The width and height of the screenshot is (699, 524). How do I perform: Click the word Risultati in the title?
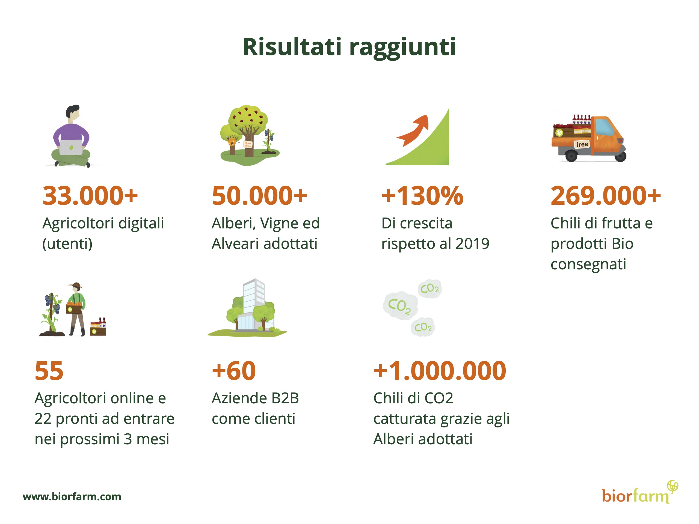click(292, 47)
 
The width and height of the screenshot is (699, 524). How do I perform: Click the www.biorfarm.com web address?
click(72, 496)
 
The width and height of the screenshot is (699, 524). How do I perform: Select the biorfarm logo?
click(640, 492)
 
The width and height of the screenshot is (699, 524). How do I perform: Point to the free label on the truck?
click(582, 144)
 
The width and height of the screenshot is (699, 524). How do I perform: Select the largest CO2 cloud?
click(400, 305)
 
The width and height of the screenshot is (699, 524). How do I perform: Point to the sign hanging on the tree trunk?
click(248, 145)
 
